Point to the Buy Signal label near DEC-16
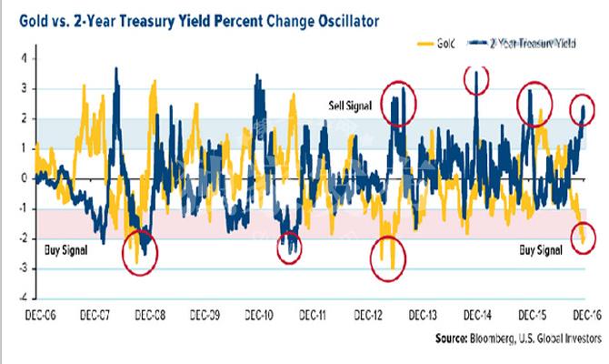pyautogui.click(x=542, y=247)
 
